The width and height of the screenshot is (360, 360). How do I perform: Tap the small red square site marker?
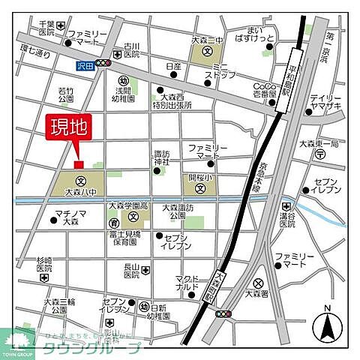(x=78, y=163)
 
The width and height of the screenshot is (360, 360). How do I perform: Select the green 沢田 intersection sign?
(x=85, y=66)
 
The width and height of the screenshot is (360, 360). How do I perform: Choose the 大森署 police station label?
(x=259, y=295)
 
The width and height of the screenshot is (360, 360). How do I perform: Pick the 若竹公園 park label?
(x=65, y=94)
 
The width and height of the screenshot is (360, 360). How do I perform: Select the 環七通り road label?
(x=35, y=54)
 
